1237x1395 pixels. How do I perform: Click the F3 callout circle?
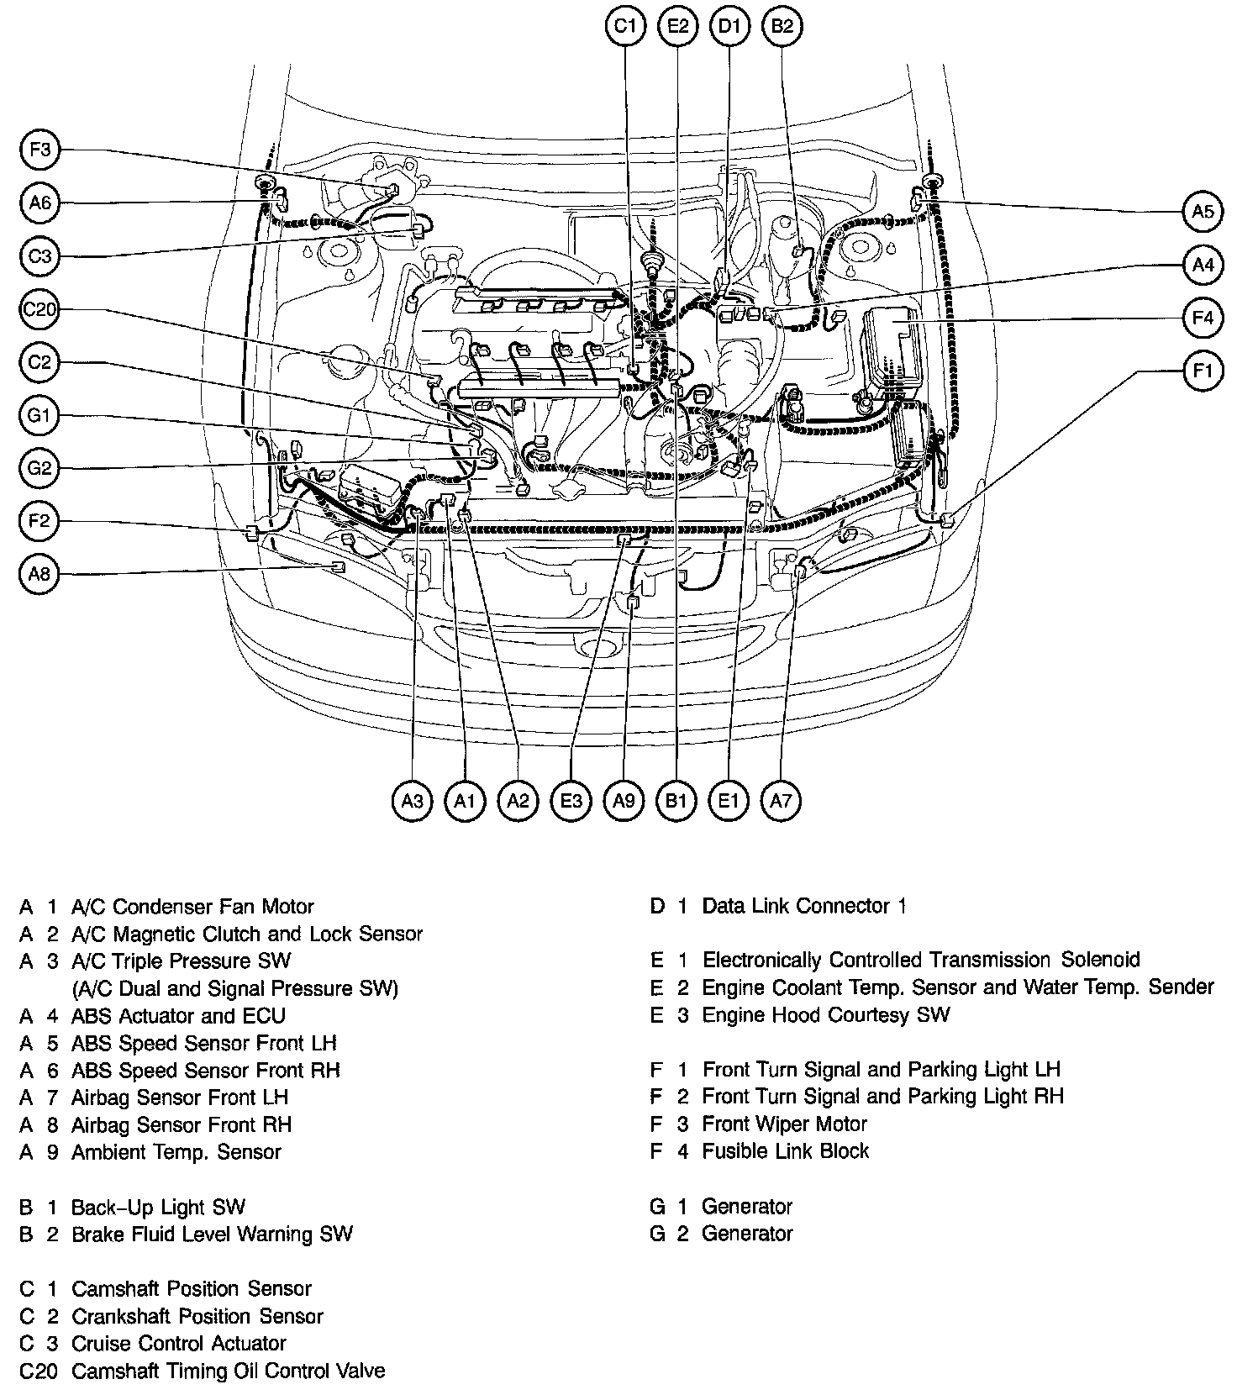pyautogui.click(x=40, y=150)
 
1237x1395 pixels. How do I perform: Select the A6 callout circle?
pyautogui.click(x=40, y=203)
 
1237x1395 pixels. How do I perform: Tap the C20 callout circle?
pyautogui.click(x=40, y=310)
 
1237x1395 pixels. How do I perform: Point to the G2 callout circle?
pyautogui.click(x=40, y=468)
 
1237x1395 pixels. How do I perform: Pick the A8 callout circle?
pyautogui.click(x=40, y=574)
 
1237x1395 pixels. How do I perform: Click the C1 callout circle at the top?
pyautogui.click(x=624, y=27)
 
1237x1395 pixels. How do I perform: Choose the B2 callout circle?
pyautogui.click(x=782, y=27)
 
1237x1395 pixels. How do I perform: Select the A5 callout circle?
pyautogui.click(x=1203, y=211)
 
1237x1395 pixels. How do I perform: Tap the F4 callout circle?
pyautogui.click(x=1203, y=318)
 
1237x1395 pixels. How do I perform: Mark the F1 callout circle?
pyautogui.click(x=1203, y=371)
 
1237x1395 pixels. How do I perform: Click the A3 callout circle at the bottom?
pyautogui.click(x=412, y=801)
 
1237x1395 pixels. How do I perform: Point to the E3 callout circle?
pyautogui.click(x=571, y=801)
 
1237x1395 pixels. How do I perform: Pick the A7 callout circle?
pyautogui.click(x=781, y=801)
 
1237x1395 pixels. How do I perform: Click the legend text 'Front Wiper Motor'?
pyautogui.click(x=784, y=1124)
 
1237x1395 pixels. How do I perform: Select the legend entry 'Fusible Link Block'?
pyautogui.click(x=785, y=1150)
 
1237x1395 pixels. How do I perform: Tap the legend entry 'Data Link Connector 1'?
pyautogui.click(x=804, y=906)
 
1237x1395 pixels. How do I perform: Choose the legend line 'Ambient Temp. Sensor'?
pyautogui.click(x=176, y=1151)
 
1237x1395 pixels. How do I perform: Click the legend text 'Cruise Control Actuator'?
pyautogui.click(x=178, y=1343)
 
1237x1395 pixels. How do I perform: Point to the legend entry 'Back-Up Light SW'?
pyautogui.click(x=158, y=1208)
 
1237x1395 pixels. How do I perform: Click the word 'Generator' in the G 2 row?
pyautogui.click(x=747, y=1234)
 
